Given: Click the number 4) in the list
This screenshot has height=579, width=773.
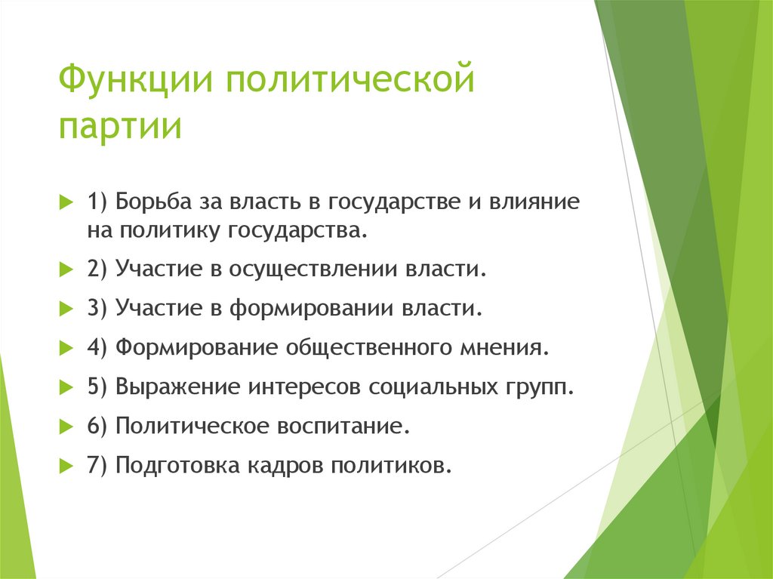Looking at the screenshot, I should click(98, 348).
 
